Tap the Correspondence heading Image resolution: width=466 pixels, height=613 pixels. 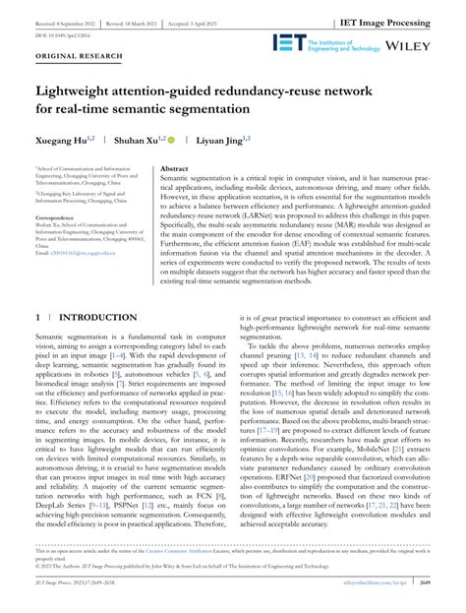(x=59, y=216)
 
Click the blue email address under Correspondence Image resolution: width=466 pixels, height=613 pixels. (x=72, y=253)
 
